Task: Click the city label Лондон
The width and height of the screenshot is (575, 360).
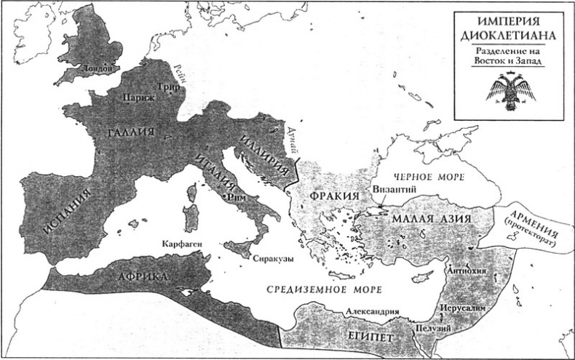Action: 100,68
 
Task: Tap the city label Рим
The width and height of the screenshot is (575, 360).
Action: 234,196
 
